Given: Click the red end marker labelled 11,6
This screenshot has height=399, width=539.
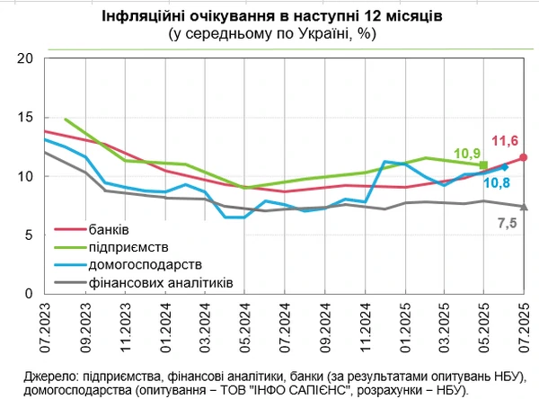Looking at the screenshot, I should (524, 157).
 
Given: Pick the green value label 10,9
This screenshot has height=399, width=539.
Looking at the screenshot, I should (468, 153).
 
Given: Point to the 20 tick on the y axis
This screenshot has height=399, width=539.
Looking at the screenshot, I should (24, 58).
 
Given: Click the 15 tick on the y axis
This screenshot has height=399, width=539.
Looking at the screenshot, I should (24, 118).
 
